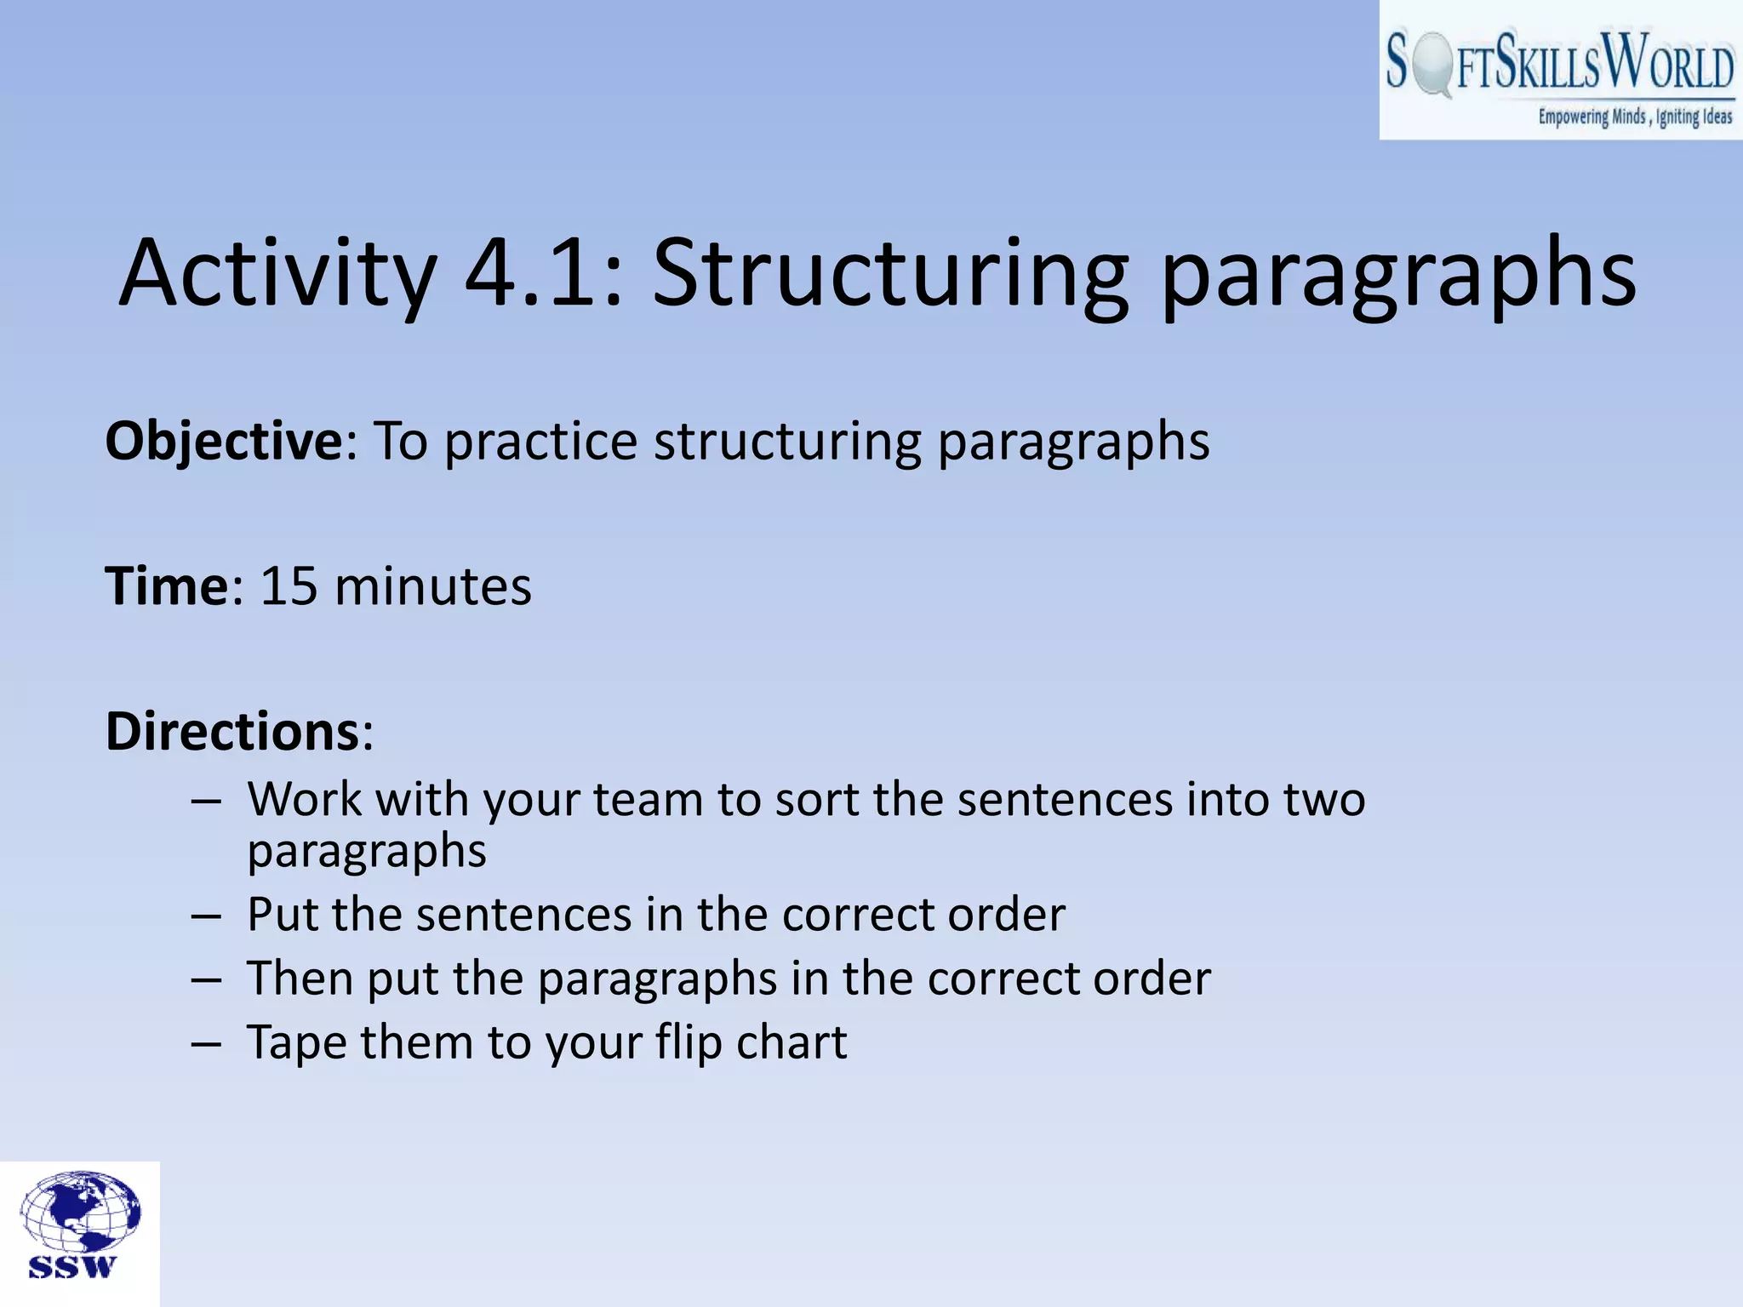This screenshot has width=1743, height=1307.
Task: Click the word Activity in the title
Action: point(277,274)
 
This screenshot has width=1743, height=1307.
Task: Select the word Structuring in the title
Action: point(890,274)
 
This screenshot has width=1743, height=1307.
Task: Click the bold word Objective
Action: point(224,442)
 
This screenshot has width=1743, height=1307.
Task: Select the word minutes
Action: point(433,587)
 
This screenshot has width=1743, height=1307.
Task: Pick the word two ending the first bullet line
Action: point(1324,800)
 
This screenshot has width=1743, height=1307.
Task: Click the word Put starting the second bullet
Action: point(282,915)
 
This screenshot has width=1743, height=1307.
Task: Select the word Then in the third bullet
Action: point(300,979)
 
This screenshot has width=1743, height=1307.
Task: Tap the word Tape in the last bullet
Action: point(295,1043)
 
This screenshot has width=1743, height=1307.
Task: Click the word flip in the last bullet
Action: point(688,1043)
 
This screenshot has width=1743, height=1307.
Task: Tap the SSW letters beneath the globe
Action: point(72,1267)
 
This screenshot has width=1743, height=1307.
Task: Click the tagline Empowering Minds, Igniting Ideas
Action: point(1634,117)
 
